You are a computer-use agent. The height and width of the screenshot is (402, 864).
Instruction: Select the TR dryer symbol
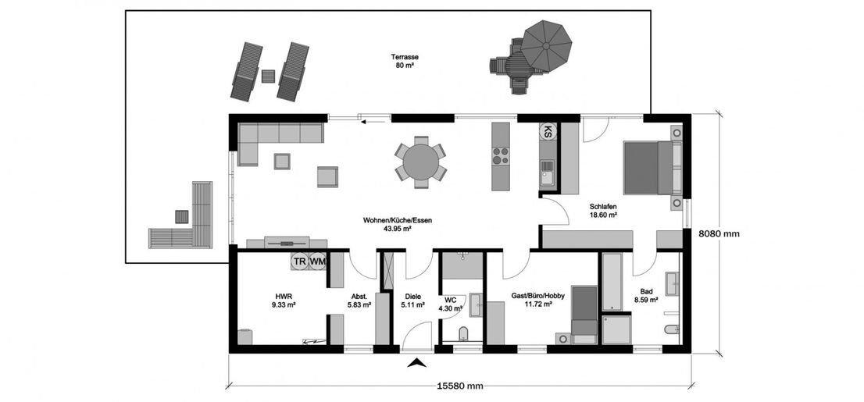[300, 262]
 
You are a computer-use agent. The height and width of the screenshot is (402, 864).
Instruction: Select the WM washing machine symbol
[317, 262]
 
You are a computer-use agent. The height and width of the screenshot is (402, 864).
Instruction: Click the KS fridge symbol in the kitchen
[548, 131]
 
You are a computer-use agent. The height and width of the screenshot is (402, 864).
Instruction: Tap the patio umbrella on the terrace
[547, 45]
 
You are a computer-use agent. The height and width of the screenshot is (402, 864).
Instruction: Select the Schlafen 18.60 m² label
[603, 211]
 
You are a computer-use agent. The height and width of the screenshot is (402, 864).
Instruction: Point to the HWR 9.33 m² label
[284, 301]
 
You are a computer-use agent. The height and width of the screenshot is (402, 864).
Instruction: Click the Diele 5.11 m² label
[412, 301]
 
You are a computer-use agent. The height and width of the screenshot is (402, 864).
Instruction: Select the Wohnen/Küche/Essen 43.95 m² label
[397, 225]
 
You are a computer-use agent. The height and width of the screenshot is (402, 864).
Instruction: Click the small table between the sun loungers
[269, 76]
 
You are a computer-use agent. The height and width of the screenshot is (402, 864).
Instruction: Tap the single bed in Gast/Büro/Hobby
[584, 314]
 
